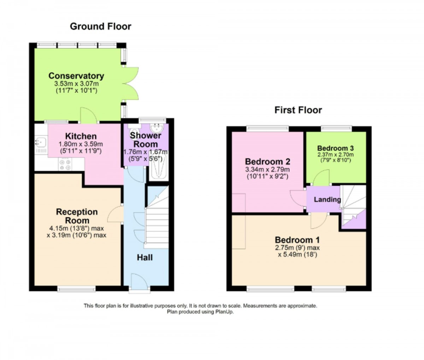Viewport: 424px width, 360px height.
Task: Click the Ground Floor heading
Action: click(100, 26)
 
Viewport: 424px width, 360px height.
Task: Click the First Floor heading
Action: click(298, 110)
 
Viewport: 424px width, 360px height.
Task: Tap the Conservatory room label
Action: click(76, 76)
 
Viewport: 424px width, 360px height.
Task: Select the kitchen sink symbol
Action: click(40, 143)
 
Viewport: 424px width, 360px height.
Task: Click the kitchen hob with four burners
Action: click(65, 165)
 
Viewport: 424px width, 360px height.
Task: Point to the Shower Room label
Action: click(145, 140)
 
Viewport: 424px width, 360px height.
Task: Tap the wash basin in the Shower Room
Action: click(157, 128)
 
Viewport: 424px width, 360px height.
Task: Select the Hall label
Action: click(145, 258)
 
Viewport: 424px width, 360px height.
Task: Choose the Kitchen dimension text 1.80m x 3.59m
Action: click(80, 144)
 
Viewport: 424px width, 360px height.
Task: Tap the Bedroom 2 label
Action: click(267, 162)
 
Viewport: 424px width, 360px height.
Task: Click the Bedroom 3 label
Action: click(335, 148)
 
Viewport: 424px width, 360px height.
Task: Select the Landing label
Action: click(327, 200)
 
